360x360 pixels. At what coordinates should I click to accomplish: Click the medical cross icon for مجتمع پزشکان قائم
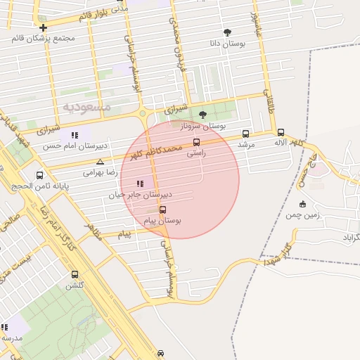pyautogui.click(x=44, y=27)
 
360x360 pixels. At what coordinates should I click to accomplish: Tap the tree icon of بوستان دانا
pyautogui.click(x=227, y=32)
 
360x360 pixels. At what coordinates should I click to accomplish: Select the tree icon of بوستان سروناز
pyautogui.click(x=202, y=115)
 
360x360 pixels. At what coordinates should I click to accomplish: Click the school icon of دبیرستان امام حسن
pyautogui.click(x=75, y=135)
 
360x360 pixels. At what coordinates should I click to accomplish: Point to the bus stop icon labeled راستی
pyautogui.click(x=196, y=143)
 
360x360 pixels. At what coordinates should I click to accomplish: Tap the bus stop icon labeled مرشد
pyautogui.click(x=245, y=134)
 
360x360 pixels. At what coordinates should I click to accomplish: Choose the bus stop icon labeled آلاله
pyautogui.click(x=281, y=132)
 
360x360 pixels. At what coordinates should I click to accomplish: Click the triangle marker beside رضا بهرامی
pyautogui.click(x=100, y=162)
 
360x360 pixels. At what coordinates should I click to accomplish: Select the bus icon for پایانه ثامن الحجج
pyautogui.click(x=39, y=175)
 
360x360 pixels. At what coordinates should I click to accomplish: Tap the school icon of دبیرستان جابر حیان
pyautogui.click(x=140, y=184)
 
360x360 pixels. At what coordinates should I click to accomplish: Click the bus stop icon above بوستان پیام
pyautogui.click(x=163, y=210)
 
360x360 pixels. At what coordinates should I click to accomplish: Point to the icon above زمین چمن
pyautogui.click(x=303, y=204)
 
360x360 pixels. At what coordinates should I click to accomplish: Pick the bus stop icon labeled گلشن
pyautogui.click(x=75, y=275)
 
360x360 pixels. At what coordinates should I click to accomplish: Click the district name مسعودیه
pyautogui.click(x=87, y=107)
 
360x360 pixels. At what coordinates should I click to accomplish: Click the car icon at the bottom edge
pyautogui.click(x=161, y=354)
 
